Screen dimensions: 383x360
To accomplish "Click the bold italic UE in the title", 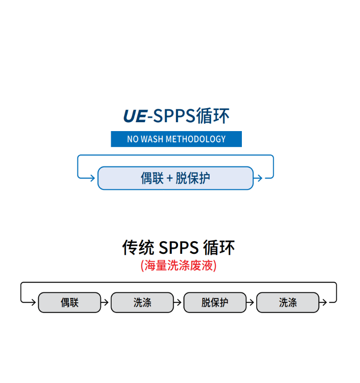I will (x=134, y=116).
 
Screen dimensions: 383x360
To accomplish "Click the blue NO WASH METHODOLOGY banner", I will (x=176, y=139).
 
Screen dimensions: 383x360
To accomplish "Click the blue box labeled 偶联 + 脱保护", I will (x=176, y=178).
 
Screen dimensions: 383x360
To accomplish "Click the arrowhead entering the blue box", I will (x=92, y=178).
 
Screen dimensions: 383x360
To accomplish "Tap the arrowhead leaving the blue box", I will (x=258, y=178).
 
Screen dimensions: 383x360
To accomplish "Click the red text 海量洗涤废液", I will (x=179, y=266).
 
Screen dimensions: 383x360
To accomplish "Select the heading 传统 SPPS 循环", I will (x=179, y=248).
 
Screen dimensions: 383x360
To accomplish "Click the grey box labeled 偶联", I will (x=69, y=302).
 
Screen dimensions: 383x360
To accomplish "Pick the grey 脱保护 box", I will (x=215, y=302).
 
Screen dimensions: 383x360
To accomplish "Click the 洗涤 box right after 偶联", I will (x=142, y=302).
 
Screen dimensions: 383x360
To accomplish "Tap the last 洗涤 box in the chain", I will (x=288, y=302).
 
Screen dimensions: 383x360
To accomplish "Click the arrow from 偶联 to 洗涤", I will (x=106, y=302).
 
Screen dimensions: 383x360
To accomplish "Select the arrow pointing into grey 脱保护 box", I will (x=178, y=302).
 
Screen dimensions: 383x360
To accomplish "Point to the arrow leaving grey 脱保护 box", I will (x=251, y=302).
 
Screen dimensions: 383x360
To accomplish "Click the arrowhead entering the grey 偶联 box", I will (x=33, y=302).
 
